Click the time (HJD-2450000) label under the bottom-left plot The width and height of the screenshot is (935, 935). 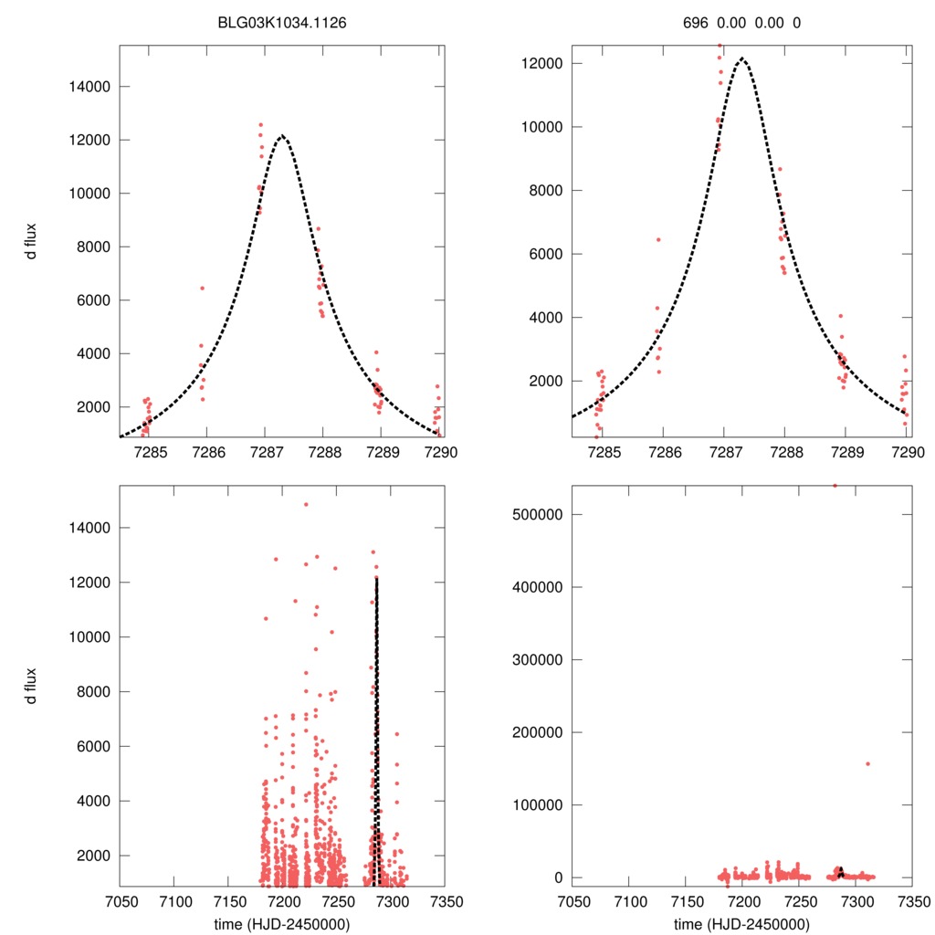click(x=281, y=923)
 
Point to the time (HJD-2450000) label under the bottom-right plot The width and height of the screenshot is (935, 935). click(x=741, y=923)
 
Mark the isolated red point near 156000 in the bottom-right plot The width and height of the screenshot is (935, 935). click(x=867, y=763)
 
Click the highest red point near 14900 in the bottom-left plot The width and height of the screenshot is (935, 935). click(x=306, y=504)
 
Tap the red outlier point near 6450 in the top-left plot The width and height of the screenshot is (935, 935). click(x=202, y=288)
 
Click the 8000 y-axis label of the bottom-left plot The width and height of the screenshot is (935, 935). click(x=92, y=692)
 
